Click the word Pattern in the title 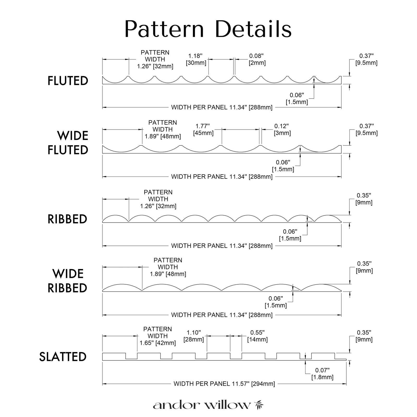click(164, 29)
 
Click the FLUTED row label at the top click(68, 81)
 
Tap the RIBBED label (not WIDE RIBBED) click(67, 219)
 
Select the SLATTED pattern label click(63, 357)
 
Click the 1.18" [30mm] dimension click(196, 59)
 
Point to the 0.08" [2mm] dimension click(257, 59)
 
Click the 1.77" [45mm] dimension click(203, 130)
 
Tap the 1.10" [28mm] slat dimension click(194, 336)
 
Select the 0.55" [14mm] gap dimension click(257, 336)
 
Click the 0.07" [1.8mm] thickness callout click(322, 374)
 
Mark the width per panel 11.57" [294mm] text click(224, 384)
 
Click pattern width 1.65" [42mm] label click(158, 336)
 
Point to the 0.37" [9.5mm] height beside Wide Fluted click(366, 130)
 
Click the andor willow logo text click(202, 405)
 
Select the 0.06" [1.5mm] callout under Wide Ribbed click(276, 302)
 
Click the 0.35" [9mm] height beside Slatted click(364, 336)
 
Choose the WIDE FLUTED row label click(68, 143)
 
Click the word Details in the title click(253, 29)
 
